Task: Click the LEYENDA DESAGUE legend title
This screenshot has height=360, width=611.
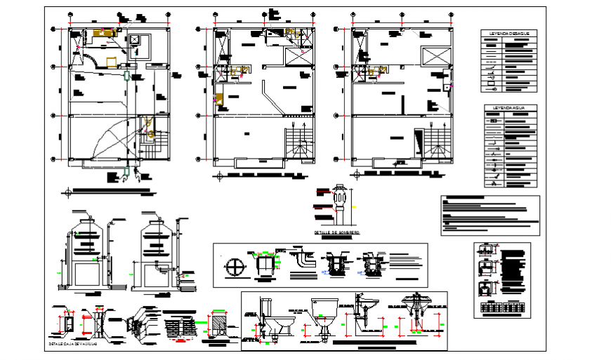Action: coord(510,33)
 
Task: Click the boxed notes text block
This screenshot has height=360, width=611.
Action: coord(490,215)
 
